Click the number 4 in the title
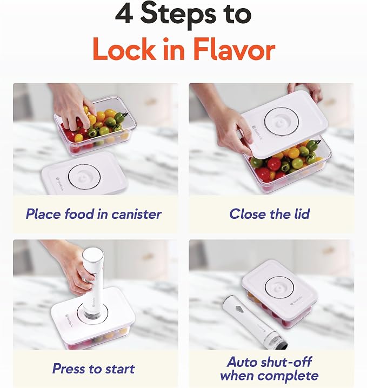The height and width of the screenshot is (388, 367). tap(124, 14)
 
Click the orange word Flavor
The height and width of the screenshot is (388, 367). tap(234, 49)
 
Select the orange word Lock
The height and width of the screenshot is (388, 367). tap(124, 49)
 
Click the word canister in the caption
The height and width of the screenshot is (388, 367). tap(136, 214)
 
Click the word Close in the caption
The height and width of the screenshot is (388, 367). tap(248, 214)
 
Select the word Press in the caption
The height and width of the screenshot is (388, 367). tap(69, 369)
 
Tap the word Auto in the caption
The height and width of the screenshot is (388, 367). tap(241, 362)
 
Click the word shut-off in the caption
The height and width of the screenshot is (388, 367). tap(285, 362)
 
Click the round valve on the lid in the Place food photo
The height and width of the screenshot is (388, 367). tap(84, 177)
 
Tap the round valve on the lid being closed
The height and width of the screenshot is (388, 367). tap(282, 122)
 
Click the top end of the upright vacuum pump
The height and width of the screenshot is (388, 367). tap(92, 253)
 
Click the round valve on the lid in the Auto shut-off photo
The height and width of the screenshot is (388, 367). tap(279, 289)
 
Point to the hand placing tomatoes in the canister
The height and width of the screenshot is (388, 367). tap(72, 108)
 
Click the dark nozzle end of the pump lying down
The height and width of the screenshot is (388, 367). tap(283, 344)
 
